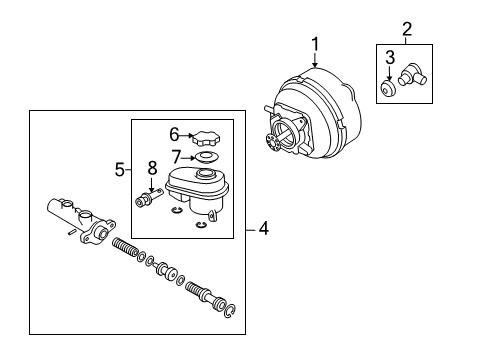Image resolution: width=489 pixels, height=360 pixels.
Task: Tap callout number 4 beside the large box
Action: coord(263,229)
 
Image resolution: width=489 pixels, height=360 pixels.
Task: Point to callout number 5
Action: coord(118,170)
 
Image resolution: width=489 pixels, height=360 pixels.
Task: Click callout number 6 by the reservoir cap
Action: coord(174,133)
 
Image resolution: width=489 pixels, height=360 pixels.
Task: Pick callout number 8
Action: coord(152,166)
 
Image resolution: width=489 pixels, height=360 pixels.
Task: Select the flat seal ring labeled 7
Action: coord(208,157)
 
